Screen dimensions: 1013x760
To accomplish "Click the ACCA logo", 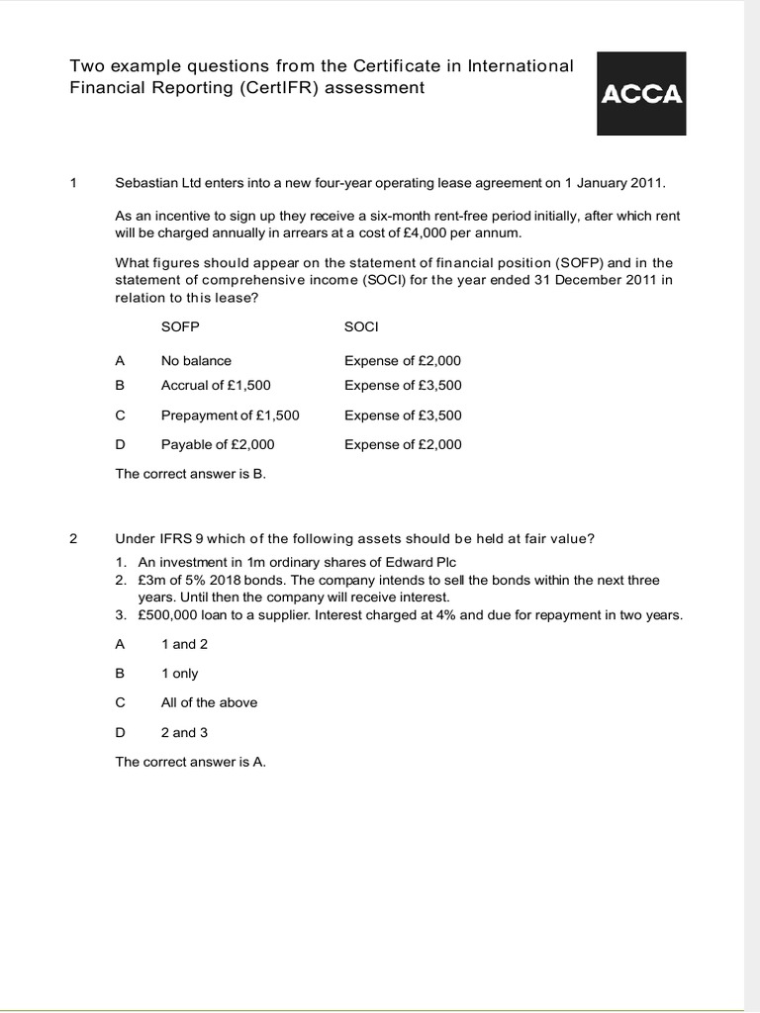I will [x=641, y=94].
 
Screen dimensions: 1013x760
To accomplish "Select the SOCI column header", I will [x=362, y=325].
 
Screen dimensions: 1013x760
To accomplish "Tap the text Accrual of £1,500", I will [x=216, y=385].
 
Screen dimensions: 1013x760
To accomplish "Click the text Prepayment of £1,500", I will [x=230, y=415].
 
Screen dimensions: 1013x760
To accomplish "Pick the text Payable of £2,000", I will [x=218, y=444].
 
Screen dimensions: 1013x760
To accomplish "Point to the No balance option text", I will [x=196, y=360].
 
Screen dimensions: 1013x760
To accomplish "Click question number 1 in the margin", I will [x=73, y=183].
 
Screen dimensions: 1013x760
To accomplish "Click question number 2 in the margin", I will [x=73, y=538].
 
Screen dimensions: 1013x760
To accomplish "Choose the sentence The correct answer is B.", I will [x=190, y=474].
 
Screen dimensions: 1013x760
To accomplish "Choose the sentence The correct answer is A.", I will [x=190, y=762].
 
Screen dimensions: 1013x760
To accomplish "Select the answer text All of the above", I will [x=209, y=702].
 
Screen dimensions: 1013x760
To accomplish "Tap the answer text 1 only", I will [x=179, y=673].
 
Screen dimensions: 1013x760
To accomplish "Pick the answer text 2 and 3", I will [x=185, y=732].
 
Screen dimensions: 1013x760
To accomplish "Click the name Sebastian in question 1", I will [x=145, y=183].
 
